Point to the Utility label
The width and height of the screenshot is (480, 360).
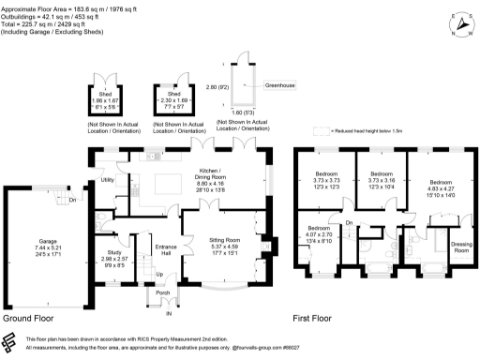pyautogui.click(x=108, y=179)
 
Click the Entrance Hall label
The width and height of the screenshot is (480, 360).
pyautogui.click(x=168, y=248)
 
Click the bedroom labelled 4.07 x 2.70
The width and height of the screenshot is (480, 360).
pyautogui.click(x=319, y=228)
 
